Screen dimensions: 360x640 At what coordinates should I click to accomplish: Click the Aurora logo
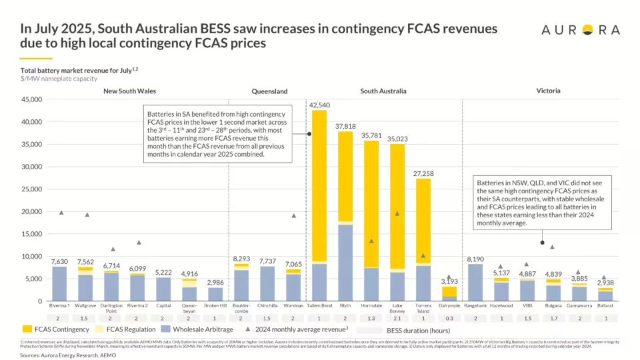click(x=580, y=29)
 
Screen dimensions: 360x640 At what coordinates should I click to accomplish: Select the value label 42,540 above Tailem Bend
click(x=319, y=105)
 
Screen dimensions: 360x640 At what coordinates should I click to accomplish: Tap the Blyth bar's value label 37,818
click(x=345, y=126)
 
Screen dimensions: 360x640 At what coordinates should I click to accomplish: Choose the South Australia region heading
click(x=383, y=91)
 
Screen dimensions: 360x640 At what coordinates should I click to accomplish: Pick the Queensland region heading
click(x=269, y=91)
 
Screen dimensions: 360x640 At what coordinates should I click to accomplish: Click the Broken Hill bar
click(x=215, y=294)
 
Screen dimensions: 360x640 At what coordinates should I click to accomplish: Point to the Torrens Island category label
click(x=423, y=309)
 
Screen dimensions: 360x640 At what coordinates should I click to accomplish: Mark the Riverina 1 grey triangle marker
click(x=61, y=213)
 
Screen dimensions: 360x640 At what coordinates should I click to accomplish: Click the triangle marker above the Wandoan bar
click(x=293, y=215)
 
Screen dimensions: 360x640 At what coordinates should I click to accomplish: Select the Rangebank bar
click(x=475, y=283)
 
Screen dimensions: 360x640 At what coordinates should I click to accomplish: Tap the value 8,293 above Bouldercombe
click(x=241, y=259)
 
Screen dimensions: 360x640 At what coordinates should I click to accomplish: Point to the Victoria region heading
click(x=548, y=91)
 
